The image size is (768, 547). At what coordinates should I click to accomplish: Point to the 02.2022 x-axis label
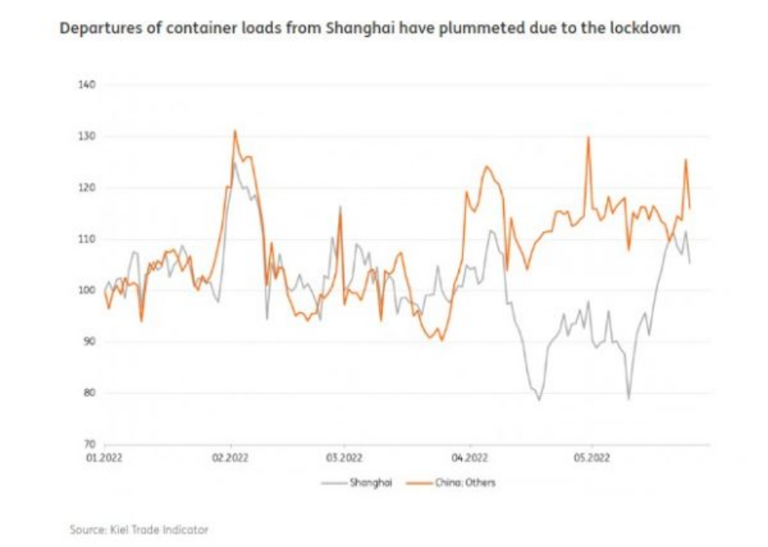(231, 457)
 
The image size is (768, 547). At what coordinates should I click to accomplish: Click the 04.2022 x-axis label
(470, 457)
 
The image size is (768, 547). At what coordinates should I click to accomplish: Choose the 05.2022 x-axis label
(591, 457)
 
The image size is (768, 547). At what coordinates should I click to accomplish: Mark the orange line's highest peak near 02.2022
(234, 131)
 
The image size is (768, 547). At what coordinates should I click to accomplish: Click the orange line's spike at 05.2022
(588, 138)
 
